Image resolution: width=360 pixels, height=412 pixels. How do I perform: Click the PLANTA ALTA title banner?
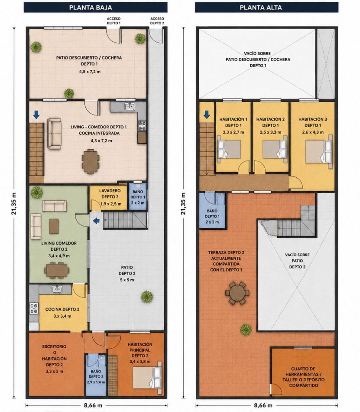[x=266, y=7]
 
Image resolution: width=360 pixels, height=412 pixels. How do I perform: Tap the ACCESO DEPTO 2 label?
[x=157, y=21]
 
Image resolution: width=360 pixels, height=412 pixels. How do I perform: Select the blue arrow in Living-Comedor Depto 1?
[x=36, y=114]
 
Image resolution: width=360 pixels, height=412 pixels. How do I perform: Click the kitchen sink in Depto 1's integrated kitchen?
[x=130, y=107]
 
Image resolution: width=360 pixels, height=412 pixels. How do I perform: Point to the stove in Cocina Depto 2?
[x=34, y=308]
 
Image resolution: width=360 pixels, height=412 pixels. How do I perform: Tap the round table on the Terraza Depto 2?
[x=237, y=293]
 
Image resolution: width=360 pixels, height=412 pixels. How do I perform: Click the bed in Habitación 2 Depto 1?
[x=275, y=149]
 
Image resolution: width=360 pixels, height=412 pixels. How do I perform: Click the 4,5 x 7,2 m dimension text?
[x=90, y=72]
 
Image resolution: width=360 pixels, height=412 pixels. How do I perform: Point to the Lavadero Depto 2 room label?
[x=110, y=194]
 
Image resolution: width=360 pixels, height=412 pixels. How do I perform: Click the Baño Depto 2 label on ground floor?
[x=96, y=374]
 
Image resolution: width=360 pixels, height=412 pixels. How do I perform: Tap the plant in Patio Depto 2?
[x=147, y=297]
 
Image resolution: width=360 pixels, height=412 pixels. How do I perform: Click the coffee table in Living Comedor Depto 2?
[x=54, y=226]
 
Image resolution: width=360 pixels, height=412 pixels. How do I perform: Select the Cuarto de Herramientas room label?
[x=304, y=377]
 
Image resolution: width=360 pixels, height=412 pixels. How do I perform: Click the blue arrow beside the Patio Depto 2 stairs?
[x=96, y=221]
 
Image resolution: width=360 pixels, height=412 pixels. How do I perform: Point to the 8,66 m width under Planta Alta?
[x=263, y=405]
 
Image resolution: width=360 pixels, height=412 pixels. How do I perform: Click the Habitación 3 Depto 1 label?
[x=313, y=122]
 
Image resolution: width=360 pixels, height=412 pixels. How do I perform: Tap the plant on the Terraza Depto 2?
[x=246, y=330]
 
